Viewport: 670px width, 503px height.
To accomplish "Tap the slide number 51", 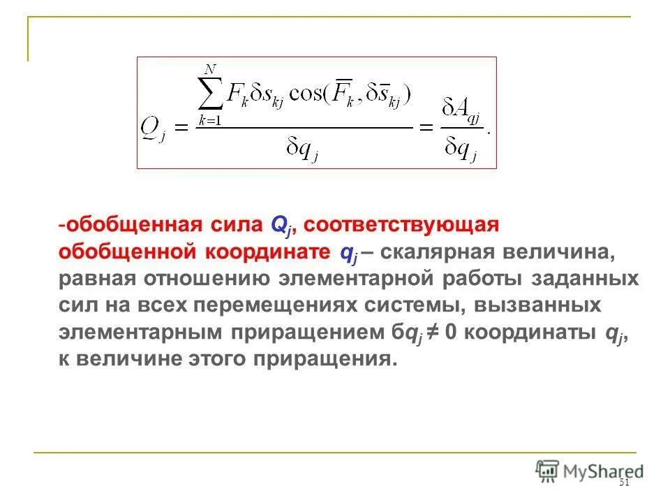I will [624, 483].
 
